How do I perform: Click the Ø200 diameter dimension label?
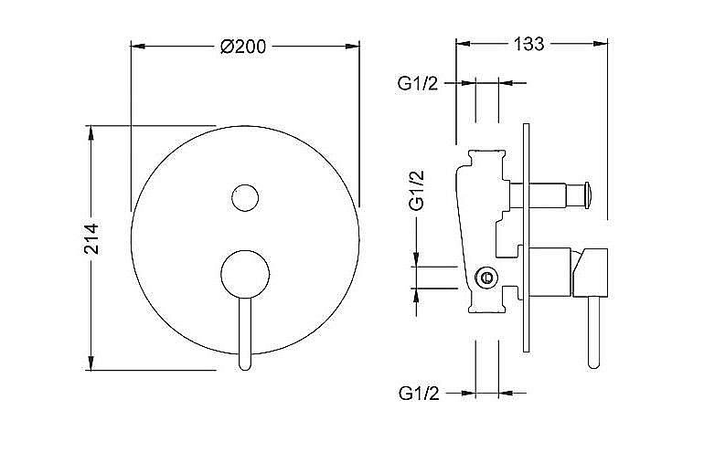point(243,47)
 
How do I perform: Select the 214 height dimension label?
point(91,238)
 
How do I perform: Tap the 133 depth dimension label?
point(528,44)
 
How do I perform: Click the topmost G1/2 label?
point(417,83)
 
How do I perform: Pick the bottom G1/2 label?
point(419,394)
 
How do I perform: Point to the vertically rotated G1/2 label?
point(417,190)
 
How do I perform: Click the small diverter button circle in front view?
point(245,197)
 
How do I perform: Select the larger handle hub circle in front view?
point(245,275)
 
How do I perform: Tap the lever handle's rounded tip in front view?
point(245,364)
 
